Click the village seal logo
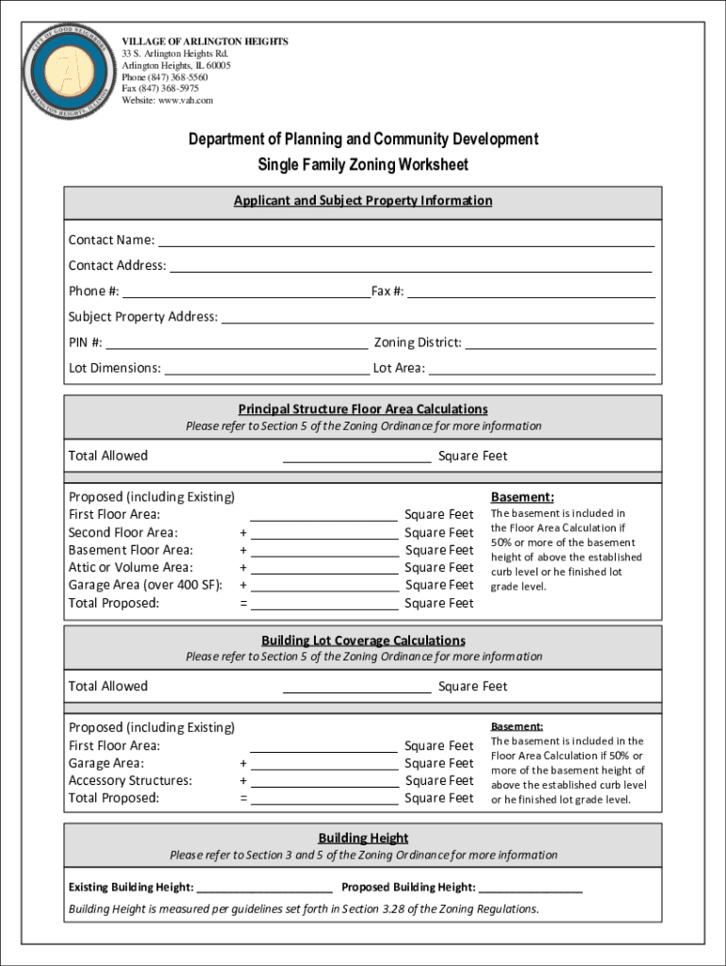click(x=70, y=72)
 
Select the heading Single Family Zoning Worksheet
click(x=363, y=165)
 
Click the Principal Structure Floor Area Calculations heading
click(x=363, y=408)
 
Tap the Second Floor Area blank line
click(x=324, y=533)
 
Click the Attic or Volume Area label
click(x=131, y=567)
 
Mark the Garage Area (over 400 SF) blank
click(x=324, y=586)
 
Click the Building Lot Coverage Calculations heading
click(x=363, y=641)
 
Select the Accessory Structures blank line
click(x=324, y=781)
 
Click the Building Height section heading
click(x=363, y=838)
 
